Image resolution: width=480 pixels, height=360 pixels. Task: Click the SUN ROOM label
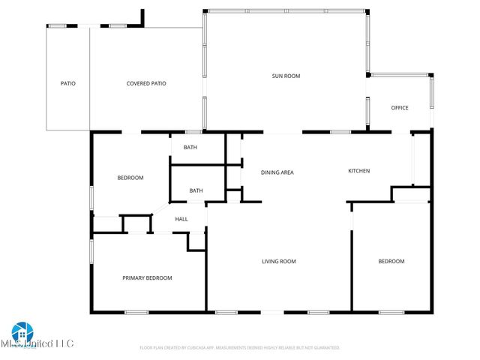pos(286,76)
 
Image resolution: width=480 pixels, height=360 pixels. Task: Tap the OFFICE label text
pos(400,108)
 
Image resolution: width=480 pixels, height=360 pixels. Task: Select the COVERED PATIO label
pos(146,83)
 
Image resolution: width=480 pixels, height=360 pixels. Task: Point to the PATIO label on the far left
pos(68,83)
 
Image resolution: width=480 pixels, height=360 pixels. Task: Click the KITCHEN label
pos(358,171)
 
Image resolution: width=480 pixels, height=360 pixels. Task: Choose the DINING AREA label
pos(277,172)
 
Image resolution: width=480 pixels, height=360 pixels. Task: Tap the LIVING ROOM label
pos(278,262)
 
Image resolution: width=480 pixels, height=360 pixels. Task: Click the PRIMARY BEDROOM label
pos(147,278)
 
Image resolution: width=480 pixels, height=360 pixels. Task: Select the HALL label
pos(181,219)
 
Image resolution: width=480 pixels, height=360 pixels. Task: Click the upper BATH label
pos(190,147)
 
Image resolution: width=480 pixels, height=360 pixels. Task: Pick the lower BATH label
pos(196,190)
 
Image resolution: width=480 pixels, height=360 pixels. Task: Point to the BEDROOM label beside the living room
pos(391,262)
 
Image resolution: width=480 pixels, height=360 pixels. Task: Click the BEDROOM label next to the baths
pos(130,178)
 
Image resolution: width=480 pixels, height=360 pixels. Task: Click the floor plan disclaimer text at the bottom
pos(240,348)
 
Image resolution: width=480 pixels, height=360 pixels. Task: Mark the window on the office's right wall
pos(431,93)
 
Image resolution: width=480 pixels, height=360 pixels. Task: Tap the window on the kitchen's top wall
pos(340,133)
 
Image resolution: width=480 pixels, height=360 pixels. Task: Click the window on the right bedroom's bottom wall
pos(391,312)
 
